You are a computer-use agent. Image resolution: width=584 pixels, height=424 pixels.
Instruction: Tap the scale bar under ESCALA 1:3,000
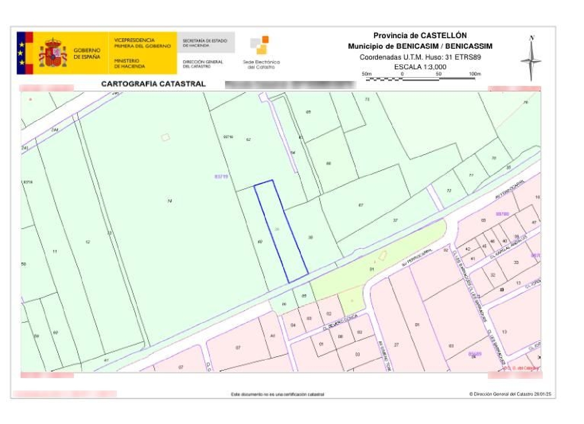420,79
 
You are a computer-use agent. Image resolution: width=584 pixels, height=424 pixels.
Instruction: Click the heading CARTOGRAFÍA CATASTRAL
153,84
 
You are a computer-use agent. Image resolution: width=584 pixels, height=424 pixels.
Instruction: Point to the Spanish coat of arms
53,53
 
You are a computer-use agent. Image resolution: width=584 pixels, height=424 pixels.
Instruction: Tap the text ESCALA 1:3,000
420,67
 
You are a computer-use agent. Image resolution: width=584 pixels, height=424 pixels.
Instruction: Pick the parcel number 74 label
170,201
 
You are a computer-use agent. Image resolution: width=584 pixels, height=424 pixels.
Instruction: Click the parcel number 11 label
55,252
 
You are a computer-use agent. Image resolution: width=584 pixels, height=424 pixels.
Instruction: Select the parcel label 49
260,242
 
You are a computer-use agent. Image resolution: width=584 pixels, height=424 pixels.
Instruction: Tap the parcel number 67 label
361,205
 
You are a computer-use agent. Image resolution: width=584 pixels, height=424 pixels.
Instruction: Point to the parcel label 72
449,191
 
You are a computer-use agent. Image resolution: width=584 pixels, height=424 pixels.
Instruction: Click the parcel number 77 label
471,176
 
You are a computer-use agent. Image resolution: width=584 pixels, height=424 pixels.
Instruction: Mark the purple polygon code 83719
221,177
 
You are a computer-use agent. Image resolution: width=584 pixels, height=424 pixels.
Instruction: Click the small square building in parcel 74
166,137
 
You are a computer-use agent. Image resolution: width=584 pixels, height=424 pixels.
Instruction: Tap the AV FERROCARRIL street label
510,190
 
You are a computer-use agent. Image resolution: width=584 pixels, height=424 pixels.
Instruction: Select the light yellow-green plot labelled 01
372,269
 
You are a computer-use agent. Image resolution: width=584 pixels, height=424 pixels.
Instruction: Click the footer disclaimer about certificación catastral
277,394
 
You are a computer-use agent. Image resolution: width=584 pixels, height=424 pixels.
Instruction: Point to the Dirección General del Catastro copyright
510,394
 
